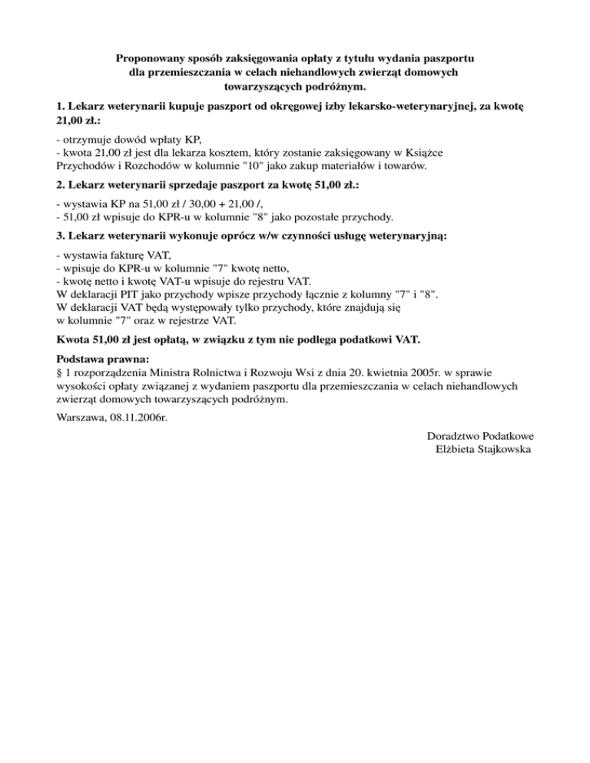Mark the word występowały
[x=177, y=307]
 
